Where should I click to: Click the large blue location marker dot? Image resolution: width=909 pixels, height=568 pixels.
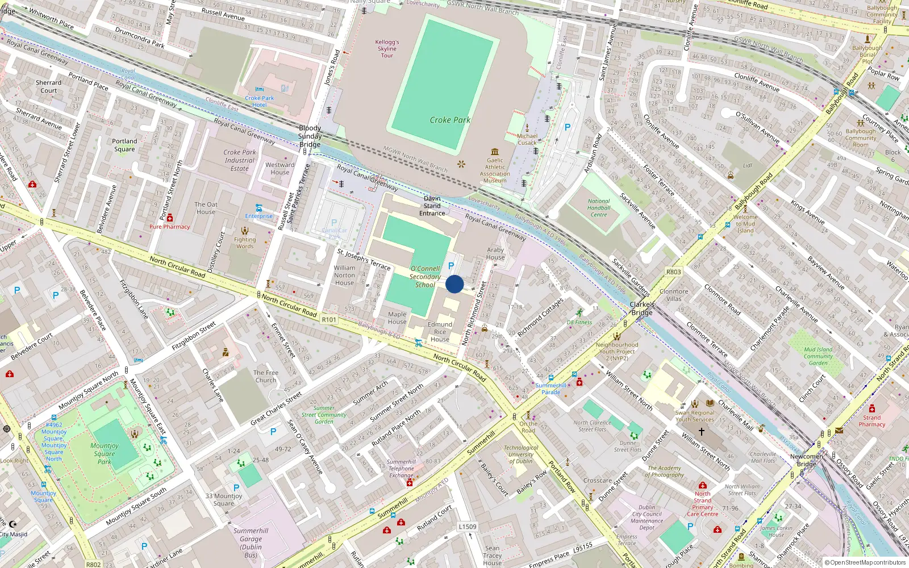(454, 284)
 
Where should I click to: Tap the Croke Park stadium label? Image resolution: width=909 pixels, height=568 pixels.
(450, 120)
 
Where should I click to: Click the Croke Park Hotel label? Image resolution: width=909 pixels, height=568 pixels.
(260, 101)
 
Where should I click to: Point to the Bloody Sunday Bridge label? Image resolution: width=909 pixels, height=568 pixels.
(310, 136)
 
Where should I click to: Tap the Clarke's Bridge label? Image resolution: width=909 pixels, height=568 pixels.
(642, 308)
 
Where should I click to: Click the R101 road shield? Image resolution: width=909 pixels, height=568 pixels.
(329, 320)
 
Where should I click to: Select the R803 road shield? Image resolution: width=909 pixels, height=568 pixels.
(673, 272)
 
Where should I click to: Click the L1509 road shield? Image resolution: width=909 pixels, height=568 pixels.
(468, 527)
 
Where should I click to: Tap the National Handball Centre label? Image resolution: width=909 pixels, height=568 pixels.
(599, 208)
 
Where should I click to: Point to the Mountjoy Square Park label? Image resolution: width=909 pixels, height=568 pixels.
(105, 454)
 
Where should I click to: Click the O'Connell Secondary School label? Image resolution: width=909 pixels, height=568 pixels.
(425, 277)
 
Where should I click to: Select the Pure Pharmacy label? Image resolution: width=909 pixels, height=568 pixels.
(169, 227)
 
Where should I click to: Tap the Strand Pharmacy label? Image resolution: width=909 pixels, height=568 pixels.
(872, 421)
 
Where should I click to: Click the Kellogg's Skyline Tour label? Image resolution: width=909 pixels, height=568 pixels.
(387, 49)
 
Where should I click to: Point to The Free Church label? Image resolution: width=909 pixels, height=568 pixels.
(266, 377)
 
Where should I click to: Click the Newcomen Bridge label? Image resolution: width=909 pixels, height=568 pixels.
(807, 460)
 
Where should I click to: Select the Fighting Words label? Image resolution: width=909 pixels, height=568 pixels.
(245, 243)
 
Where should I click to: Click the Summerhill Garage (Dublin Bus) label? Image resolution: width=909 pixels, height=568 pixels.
(251, 542)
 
